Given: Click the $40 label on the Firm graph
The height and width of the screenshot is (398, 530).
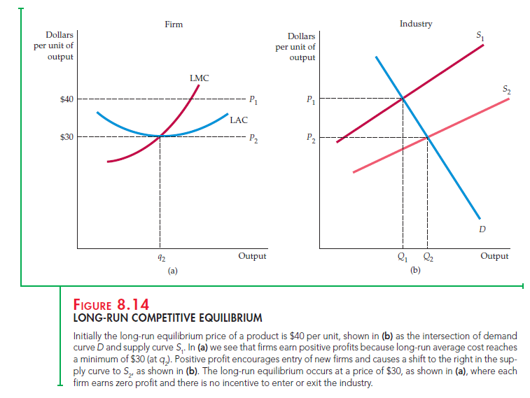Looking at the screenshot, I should tap(67, 99).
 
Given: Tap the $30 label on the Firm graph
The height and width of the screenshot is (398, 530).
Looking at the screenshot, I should tap(67, 136).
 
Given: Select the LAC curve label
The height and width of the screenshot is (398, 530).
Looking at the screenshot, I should tap(238, 120).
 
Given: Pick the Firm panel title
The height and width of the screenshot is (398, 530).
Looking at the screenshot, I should tap(174, 24).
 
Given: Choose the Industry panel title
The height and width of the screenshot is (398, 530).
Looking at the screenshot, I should tap(416, 24).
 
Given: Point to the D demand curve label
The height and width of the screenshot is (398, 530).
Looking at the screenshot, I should tap(482, 229).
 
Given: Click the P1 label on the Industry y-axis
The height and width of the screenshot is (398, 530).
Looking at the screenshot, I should tap(311, 99).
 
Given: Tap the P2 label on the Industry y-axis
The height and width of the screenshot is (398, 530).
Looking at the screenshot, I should tap(311, 138).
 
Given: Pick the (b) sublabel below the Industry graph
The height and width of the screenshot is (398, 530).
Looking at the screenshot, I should tap(415, 269).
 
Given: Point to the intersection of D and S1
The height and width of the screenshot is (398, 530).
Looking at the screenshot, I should tap(403, 98).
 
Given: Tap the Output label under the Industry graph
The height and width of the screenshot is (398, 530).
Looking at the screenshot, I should tap(494, 257).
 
